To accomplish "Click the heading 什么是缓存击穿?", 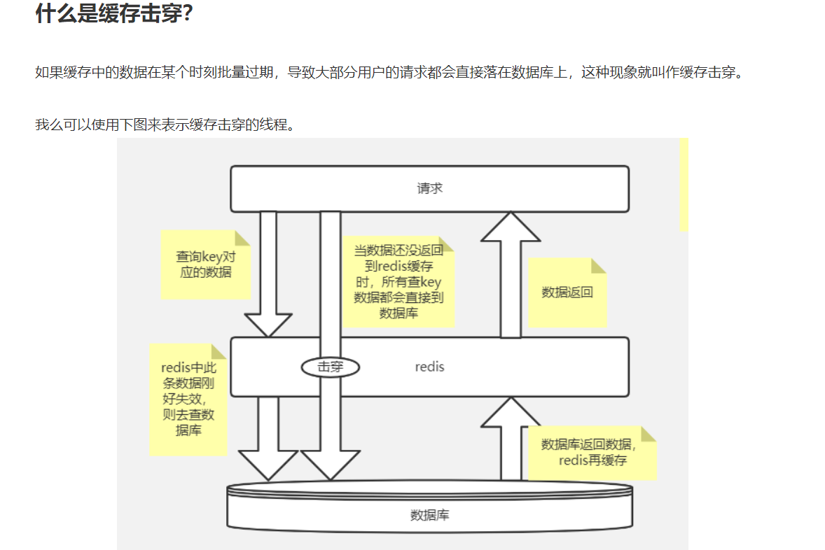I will point(114,14).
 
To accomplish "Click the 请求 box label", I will point(429,188).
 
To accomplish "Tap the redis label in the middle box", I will point(429,367).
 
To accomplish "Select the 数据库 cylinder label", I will point(429,516).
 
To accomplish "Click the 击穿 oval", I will point(331,367).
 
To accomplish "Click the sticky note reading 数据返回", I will point(567,292).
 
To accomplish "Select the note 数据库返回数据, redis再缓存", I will point(592,453).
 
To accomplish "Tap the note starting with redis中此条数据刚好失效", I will point(188,399).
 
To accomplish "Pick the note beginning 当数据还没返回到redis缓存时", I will point(398,282).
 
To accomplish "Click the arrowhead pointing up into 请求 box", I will point(511,228).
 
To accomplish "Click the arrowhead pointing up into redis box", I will point(511,414).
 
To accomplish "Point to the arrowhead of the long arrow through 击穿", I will point(331,465).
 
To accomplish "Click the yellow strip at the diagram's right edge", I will point(684,185).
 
